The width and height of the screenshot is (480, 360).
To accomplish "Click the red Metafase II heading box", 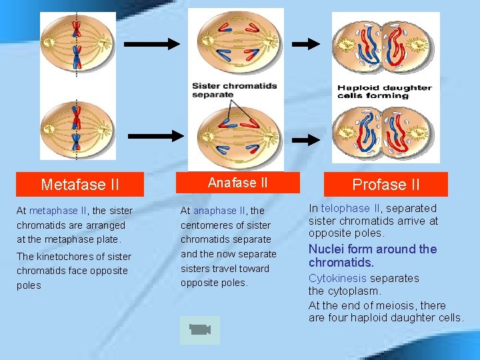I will click(80, 184).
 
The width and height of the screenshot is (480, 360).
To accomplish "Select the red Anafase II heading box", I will click(237, 183).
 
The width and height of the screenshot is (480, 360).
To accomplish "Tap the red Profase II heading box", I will click(386, 184).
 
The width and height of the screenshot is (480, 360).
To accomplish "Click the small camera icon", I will click(199, 329).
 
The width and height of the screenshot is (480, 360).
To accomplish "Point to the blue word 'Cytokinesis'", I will click(337, 278).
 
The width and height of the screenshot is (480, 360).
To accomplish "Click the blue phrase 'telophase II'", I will click(349, 209).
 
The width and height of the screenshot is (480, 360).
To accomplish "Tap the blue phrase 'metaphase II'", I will click(58, 211).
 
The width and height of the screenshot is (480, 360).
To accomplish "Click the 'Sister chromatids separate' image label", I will click(234, 90).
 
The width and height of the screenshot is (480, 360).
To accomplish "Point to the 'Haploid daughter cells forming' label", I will click(384, 91).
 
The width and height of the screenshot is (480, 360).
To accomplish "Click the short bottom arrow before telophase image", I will click(307, 140).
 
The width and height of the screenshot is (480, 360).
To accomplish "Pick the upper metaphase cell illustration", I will click(78, 45).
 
